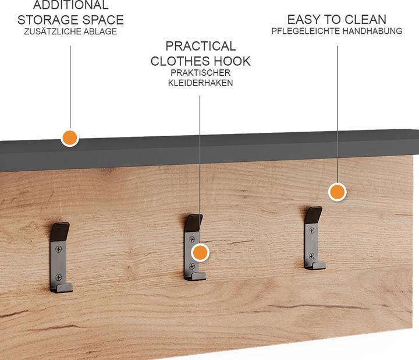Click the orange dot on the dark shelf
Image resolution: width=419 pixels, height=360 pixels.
(x=70, y=138)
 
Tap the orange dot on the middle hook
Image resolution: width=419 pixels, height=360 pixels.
(x=200, y=252)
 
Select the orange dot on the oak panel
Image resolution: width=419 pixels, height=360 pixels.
(x=337, y=192)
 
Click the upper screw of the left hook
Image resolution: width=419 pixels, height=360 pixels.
(x=59, y=249)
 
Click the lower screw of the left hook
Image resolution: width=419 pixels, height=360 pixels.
(x=59, y=277)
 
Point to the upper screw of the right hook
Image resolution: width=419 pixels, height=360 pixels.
(x=311, y=230)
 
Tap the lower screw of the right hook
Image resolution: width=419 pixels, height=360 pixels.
(x=311, y=256)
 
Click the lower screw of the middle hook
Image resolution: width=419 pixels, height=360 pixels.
(x=192, y=266)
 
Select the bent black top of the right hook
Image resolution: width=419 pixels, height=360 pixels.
(x=314, y=215)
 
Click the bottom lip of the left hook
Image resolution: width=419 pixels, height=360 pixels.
(x=62, y=288)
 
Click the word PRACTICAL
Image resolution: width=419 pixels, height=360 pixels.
(x=201, y=46)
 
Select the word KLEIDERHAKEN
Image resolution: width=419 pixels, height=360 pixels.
(x=200, y=83)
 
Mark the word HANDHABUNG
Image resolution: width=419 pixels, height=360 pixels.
(x=372, y=31)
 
